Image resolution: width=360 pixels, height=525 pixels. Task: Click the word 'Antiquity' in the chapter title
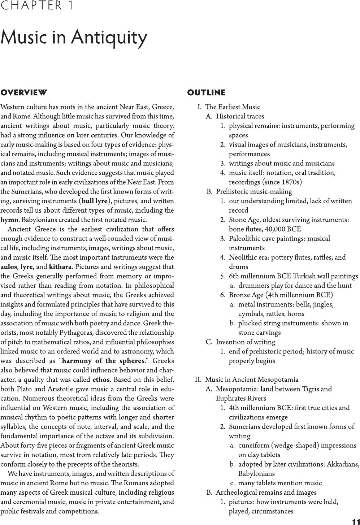(x=109, y=37)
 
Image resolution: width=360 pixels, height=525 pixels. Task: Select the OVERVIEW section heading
(x=23, y=93)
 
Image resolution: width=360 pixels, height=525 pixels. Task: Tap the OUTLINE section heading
(x=206, y=93)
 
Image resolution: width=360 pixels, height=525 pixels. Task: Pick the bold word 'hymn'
(x=9, y=220)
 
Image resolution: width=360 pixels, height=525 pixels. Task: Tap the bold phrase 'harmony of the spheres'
(x=103, y=361)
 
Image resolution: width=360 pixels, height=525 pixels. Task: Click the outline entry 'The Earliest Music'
(x=233, y=107)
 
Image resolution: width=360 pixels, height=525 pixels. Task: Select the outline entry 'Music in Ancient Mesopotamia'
(x=252, y=379)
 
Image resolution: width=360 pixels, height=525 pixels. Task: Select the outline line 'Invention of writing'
(x=246, y=342)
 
